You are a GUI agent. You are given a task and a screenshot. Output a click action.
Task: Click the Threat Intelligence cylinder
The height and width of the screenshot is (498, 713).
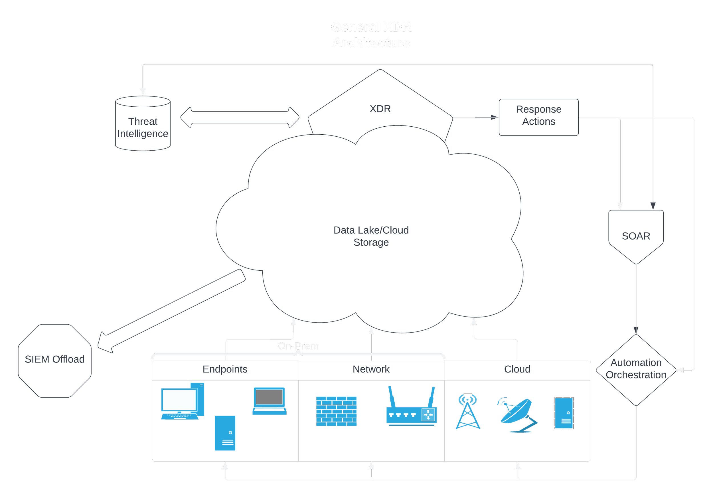[x=143, y=124]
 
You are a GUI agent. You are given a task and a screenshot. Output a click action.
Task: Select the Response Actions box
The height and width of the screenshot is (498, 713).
[x=538, y=117]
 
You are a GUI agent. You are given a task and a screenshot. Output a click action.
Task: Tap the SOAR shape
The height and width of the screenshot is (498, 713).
[x=636, y=236]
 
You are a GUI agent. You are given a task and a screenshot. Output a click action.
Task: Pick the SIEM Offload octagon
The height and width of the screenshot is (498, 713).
[x=55, y=360]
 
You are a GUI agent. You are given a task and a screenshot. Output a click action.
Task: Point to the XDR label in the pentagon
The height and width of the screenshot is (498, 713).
[x=380, y=109]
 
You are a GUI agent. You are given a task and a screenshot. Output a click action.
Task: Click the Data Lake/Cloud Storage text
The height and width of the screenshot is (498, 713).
[x=371, y=236]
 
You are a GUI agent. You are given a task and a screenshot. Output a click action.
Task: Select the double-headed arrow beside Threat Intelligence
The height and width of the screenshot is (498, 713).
[x=240, y=117]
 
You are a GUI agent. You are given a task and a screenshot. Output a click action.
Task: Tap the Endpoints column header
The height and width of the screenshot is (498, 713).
[x=225, y=369]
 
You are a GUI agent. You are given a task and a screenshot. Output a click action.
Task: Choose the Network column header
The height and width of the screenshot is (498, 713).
[x=371, y=369]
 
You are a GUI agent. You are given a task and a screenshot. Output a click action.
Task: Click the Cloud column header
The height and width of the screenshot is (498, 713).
[x=517, y=369]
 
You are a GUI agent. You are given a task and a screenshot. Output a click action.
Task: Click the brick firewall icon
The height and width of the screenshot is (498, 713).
[x=336, y=411]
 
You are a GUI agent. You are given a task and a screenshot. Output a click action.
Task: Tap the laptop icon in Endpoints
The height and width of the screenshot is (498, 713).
[x=269, y=400]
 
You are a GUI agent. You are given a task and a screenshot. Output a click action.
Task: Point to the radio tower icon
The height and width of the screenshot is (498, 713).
[x=468, y=411]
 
